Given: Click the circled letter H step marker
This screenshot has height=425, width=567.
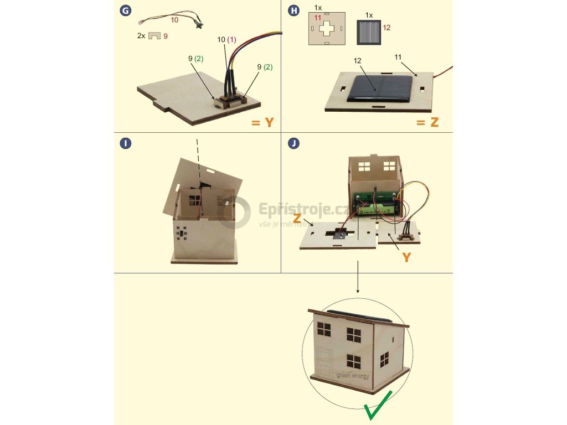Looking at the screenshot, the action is [294, 9].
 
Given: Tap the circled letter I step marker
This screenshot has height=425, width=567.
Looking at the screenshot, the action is [126, 144].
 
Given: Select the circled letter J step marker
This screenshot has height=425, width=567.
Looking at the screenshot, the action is [294, 144].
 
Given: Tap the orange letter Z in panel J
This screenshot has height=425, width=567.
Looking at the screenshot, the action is [297, 219].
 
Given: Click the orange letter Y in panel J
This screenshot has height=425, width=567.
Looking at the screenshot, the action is [406, 257].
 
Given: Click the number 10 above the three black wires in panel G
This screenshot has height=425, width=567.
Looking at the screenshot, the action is [221, 40].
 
